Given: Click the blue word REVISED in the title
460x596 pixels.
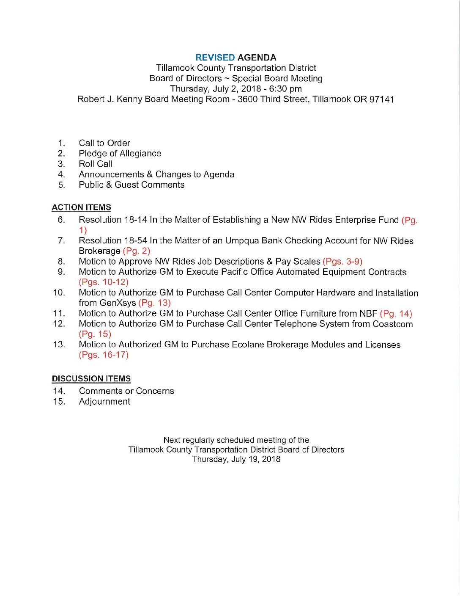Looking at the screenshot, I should pos(215,58).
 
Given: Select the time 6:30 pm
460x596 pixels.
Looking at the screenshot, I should pos(285,89).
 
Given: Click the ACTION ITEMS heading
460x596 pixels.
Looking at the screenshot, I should pos(81,207).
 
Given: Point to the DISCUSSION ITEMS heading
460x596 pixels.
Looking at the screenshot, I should pos(91,379).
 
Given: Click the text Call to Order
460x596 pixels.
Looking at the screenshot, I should pos(104,143).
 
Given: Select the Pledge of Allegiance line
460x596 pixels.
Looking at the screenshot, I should pos(120,154).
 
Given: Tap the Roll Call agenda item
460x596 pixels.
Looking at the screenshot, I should pos(96,164).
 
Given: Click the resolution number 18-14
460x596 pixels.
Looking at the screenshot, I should pos(136,220).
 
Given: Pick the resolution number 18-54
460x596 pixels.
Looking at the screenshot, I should pos(136,240).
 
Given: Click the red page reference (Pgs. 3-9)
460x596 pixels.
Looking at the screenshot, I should pos(342,262).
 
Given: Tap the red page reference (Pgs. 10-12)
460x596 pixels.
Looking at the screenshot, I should pos(104,282).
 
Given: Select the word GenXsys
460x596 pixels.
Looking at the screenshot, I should pos(118,303).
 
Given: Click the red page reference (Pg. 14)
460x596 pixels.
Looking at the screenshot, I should pos(396,314).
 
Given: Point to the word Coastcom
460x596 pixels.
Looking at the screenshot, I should pos(392,324).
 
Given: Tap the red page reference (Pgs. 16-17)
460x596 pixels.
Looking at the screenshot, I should pos(104,355).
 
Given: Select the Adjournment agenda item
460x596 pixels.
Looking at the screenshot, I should pos(104,402).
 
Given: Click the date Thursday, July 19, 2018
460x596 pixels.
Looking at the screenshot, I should pos(236,459).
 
